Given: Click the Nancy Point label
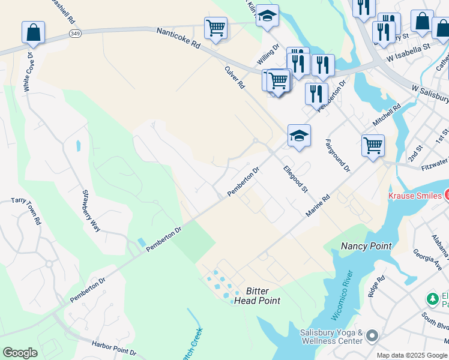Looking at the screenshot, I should tap(366, 246).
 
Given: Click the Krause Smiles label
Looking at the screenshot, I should tap(415, 196).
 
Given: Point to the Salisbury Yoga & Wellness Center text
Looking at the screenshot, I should tap(331, 337).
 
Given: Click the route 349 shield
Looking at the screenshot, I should tap(75, 32).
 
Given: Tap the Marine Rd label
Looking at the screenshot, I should tap(318, 206).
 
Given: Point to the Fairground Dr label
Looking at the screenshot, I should tap(337, 156).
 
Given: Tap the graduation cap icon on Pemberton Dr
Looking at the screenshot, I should tap(299, 136).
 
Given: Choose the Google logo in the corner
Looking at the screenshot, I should tap(20, 353).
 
